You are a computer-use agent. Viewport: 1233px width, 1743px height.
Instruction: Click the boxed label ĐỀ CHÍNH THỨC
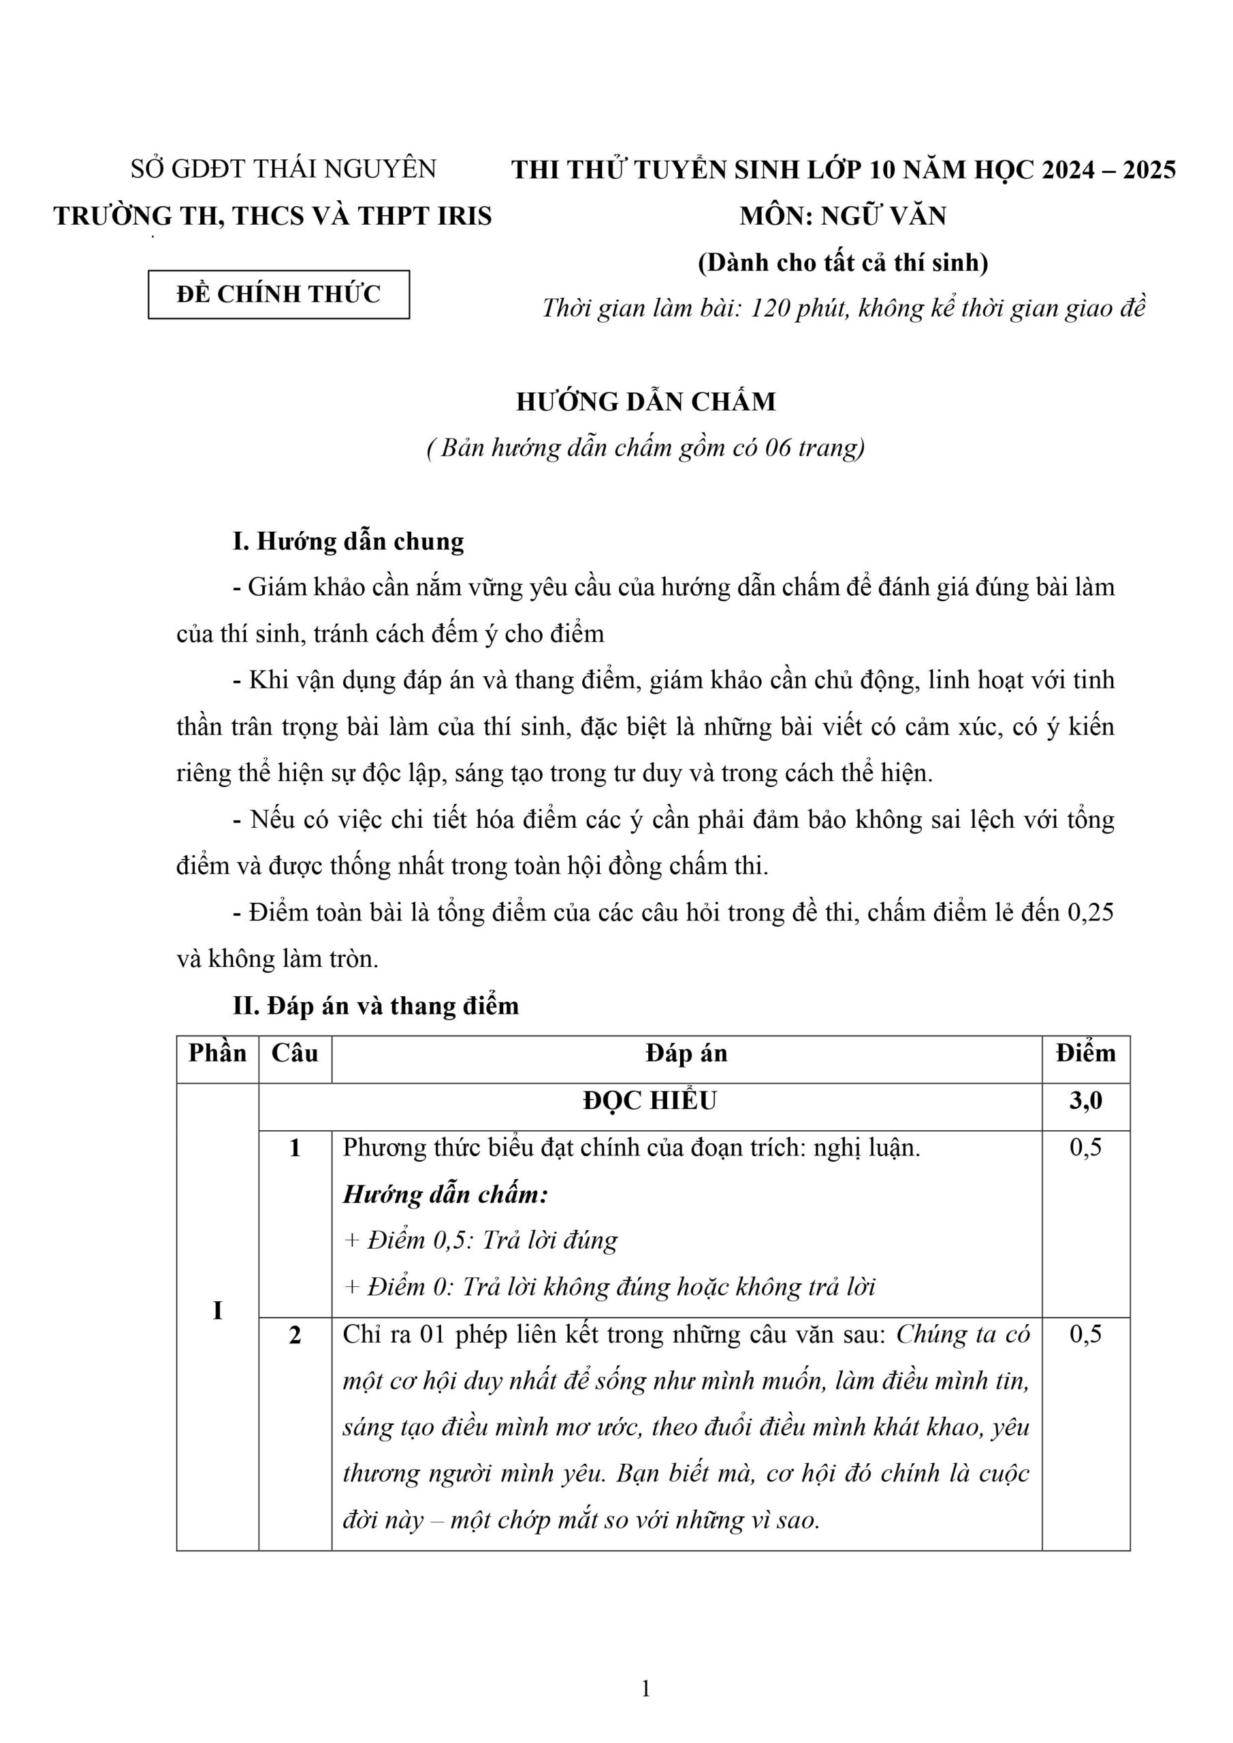[278, 295]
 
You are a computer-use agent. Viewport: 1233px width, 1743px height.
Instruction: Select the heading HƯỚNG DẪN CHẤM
[646, 402]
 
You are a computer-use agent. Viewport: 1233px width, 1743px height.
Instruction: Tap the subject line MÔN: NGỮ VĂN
[843, 217]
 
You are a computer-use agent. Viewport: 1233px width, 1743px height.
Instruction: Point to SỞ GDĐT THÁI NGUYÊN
[283, 169]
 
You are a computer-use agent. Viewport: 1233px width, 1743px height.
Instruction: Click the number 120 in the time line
[771, 308]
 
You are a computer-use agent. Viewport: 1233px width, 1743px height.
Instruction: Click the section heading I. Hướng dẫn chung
[348, 541]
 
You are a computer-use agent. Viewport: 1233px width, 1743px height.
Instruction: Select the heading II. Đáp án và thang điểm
[375, 1006]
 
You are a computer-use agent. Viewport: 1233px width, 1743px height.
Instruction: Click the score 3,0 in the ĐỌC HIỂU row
[1086, 1100]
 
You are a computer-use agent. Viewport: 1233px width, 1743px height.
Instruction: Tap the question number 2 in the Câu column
[295, 1334]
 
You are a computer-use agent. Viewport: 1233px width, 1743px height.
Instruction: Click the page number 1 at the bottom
[646, 1689]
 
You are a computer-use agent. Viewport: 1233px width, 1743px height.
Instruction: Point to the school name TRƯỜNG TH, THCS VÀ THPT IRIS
[272, 217]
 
